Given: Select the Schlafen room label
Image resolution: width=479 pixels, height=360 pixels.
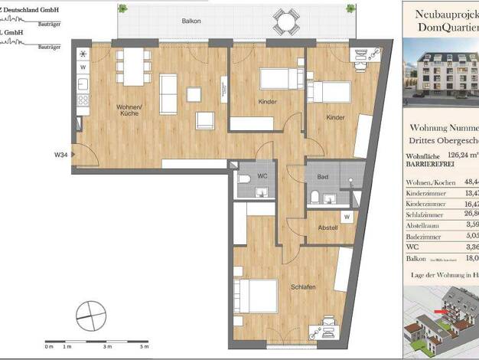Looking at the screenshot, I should tap(303, 287).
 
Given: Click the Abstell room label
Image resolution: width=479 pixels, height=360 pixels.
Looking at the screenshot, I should tap(328, 227).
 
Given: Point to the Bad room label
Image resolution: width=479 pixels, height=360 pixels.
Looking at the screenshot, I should tap(323, 177).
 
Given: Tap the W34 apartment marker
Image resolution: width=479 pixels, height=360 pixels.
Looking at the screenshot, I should tap(60, 155).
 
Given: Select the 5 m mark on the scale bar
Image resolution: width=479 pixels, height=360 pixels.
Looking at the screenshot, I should tap(145, 347).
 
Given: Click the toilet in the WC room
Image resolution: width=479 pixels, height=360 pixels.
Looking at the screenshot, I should tap(244, 178).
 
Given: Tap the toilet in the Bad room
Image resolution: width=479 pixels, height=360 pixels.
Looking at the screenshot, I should tap(315, 198).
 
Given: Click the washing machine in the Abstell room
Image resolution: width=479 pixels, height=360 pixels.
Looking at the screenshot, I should tap(347, 217).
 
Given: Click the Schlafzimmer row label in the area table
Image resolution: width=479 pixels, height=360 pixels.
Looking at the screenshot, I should tap(425, 215).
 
